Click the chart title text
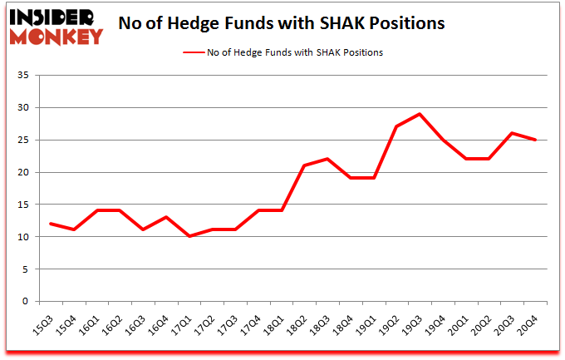click(x=282, y=23)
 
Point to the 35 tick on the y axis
click(x=23, y=76)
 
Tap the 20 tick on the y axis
click(x=23, y=173)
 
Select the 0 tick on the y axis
click(x=27, y=302)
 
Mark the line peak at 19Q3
click(x=420, y=114)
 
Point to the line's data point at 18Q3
click(x=327, y=159)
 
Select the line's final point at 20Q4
click(x=536, y=140)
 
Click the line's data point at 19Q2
click(x=397, y=126)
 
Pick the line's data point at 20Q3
click(x=513, y=133)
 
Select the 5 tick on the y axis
click(x=27, y=269)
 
